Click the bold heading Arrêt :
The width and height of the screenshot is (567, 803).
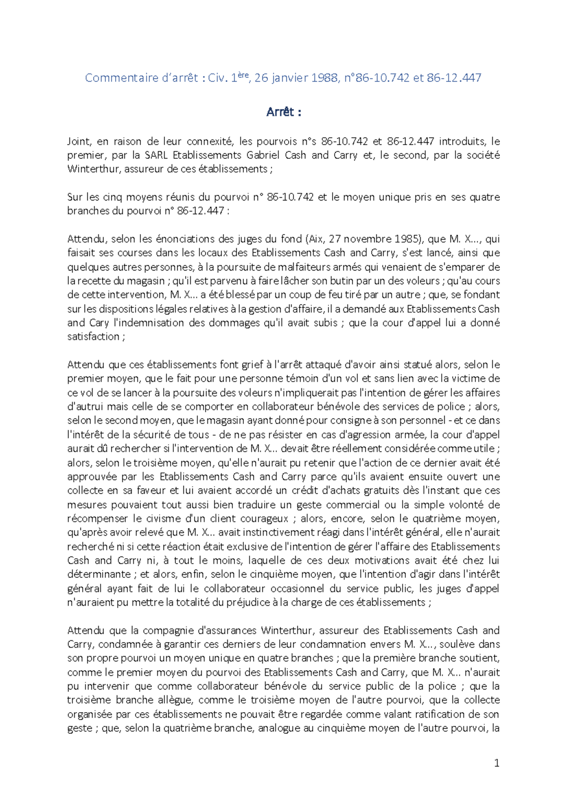click(283, 112)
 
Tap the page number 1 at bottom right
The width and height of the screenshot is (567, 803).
click(496, 763)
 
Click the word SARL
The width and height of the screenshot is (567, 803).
click(157, 155)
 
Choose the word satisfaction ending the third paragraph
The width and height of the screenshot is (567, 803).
click(94, 337)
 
